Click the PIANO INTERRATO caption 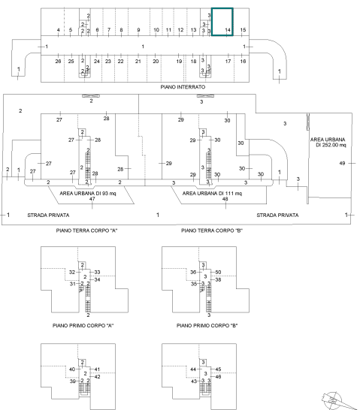pos(183,87)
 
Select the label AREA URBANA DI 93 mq pos(88,194)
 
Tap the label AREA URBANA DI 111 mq pos(212,194)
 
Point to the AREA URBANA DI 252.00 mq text pos(328,142)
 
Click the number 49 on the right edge pos(342,163)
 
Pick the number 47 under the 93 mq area pos(92,199)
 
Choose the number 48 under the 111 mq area pos(225,199)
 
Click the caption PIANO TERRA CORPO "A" pos(86,231)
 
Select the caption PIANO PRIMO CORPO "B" pos(207,326)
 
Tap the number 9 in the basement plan pos(138,30)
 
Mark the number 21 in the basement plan pos(138,61)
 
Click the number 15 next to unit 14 pos(243,30)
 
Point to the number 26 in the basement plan pos(58,61)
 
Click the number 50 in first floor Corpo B pos(218,272)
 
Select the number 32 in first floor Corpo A pos(72,272)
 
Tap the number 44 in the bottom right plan pos(193,369)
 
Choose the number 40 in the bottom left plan pos(72,369)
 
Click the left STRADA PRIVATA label pos(48,216)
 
